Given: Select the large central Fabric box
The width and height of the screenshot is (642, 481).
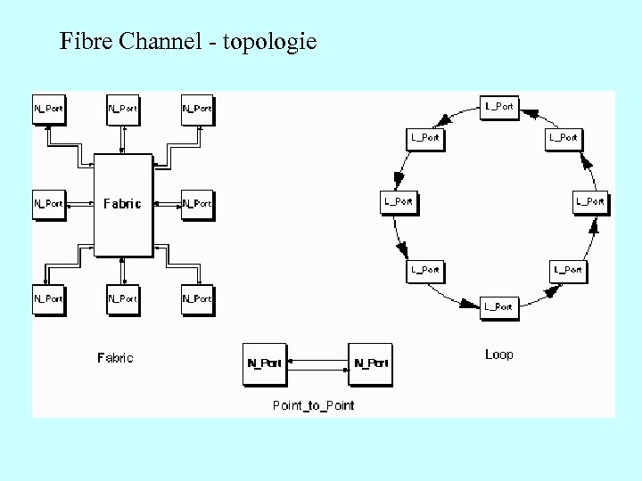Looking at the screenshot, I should (x=122, y=203).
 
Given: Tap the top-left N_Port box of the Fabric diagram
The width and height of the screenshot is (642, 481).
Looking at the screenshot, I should (x=48, y=109).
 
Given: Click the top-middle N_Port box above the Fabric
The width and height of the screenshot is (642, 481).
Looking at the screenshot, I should (x=122, y=109).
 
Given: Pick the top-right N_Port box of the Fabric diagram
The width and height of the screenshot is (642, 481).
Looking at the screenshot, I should (x=196, y=109).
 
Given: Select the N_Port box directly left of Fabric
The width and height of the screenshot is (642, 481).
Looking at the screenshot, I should (x=48, y=203).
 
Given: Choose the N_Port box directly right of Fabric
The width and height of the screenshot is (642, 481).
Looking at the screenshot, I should (x=196, y=203).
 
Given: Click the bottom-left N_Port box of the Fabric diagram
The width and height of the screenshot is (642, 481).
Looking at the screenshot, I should (x=48, y=298).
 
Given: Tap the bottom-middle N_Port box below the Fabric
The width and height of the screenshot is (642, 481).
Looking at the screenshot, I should (x=122, y=298).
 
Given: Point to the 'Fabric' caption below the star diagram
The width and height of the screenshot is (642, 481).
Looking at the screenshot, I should (x=115, y=358).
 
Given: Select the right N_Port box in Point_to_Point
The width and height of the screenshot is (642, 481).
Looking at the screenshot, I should (x=370, y=363).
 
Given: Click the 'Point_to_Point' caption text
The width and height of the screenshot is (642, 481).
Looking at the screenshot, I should (x=313, y=405).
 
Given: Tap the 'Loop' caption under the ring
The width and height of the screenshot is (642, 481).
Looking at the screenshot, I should (x=499, y=355).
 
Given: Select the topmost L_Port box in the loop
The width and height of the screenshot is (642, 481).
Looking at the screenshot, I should (x=498, y=106).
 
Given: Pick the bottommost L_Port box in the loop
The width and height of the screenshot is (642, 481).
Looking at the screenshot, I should (x=498, y=307).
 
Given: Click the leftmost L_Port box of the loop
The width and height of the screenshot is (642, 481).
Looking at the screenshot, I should (x=398, y=201).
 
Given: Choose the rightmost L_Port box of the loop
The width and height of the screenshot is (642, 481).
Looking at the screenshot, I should (x=590, y=201).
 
